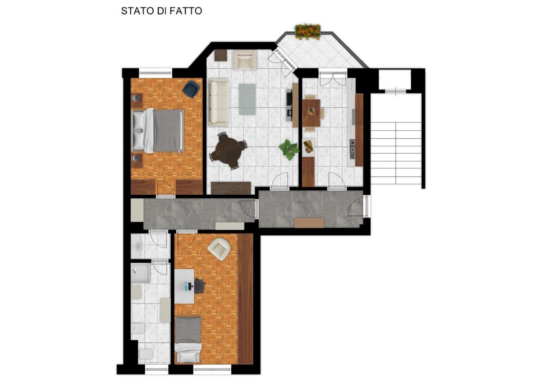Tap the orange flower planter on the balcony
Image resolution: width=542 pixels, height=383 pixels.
(308, 31)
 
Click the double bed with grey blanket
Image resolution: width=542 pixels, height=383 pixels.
(158, 131)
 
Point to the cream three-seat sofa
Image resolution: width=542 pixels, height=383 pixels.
(219, 102)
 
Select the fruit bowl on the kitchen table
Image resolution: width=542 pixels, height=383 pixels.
(311, 111)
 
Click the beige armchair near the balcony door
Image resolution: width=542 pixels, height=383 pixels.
(245, 60)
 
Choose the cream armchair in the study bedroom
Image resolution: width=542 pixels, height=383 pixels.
(219, 249)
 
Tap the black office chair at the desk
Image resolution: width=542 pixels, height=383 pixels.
(199, 286)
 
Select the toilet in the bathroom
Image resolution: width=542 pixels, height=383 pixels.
(146, 355)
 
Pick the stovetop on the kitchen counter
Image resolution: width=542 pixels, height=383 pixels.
(352, 149)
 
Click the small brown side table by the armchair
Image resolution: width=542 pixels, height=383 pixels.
(221, 55)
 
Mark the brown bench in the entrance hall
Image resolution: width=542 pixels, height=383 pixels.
(309, 223)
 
